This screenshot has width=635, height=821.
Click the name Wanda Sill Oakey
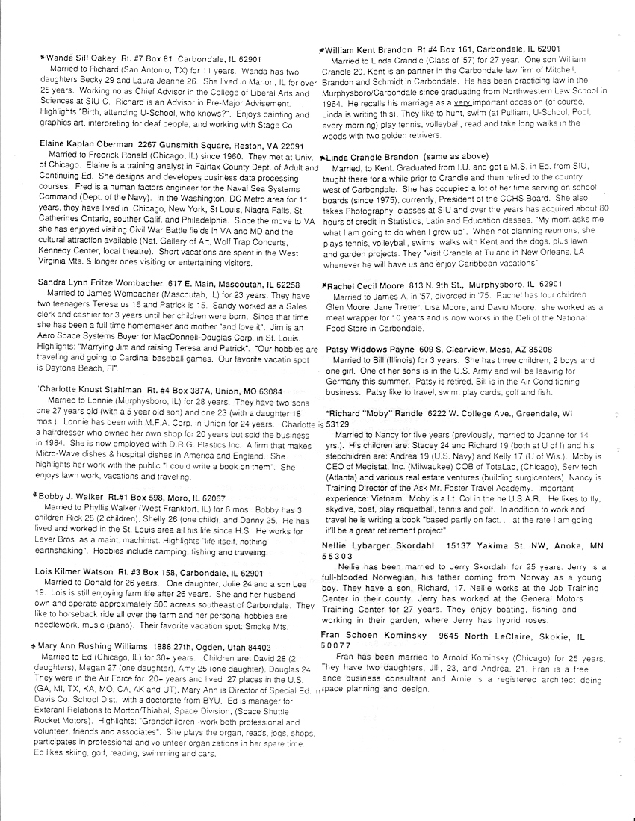pyautogui.click(x=77, y=58)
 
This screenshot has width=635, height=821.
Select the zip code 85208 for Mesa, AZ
pyautogui.click(x=535, y=350)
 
